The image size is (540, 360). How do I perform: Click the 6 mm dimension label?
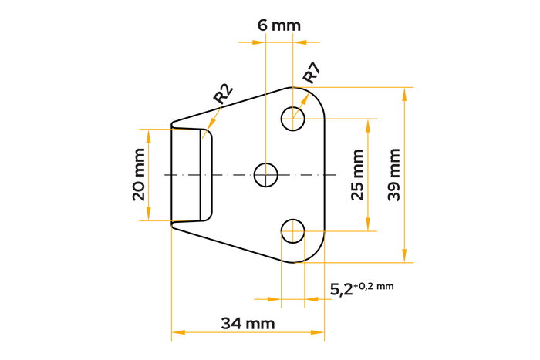278,25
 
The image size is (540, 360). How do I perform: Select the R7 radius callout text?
311,75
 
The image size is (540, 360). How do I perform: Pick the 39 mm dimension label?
394,174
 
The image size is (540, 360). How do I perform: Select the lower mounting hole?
292,230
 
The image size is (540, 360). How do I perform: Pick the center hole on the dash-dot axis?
266,174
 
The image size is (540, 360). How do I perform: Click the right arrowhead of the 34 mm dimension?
320,333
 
